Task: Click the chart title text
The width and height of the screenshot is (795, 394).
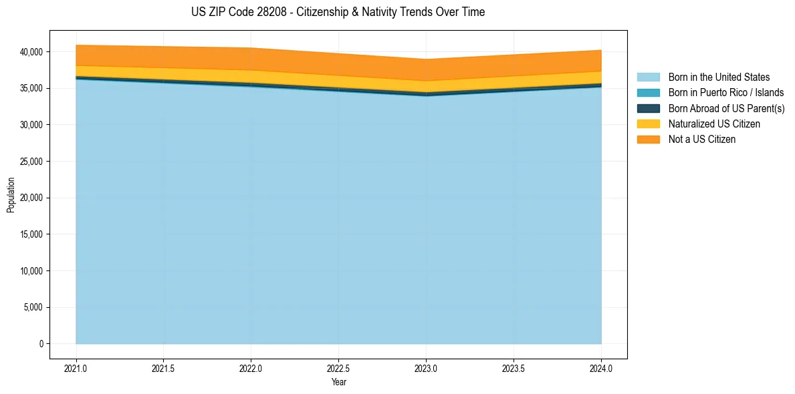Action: point(338,12)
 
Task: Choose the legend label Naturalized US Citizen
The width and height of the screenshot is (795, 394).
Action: point(714,124)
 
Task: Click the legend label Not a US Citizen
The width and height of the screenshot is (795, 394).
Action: point(702,140)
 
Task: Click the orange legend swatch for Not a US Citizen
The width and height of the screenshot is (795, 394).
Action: point(648,140)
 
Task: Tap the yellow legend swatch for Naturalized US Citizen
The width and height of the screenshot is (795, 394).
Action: point(648,124)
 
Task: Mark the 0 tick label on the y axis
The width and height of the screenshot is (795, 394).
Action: point(41,344)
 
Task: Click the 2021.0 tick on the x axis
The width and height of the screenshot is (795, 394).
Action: point(76,368)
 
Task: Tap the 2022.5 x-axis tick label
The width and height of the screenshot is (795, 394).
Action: point(338,368)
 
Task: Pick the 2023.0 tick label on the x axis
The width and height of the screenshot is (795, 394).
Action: point(426,368)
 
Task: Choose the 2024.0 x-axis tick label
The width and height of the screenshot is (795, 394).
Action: point(601,368)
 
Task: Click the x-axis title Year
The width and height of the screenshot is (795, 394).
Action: point(338,382)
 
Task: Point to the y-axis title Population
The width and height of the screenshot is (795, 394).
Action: point(11,195)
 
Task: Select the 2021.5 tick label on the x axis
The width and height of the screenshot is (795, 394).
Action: point(164,368)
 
